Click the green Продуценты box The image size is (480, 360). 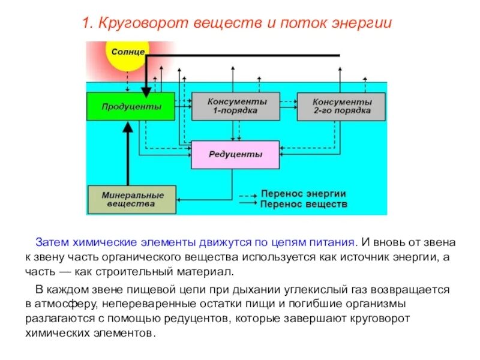(131, 107)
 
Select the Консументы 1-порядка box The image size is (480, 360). (235, 107)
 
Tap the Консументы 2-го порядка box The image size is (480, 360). (341, 107)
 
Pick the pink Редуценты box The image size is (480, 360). (235, 155)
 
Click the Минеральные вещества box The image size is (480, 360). (132, 200)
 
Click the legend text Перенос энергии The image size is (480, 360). (303, 194)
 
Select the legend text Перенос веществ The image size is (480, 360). (304, 204)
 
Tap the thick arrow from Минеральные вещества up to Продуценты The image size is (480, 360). (128, 156)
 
